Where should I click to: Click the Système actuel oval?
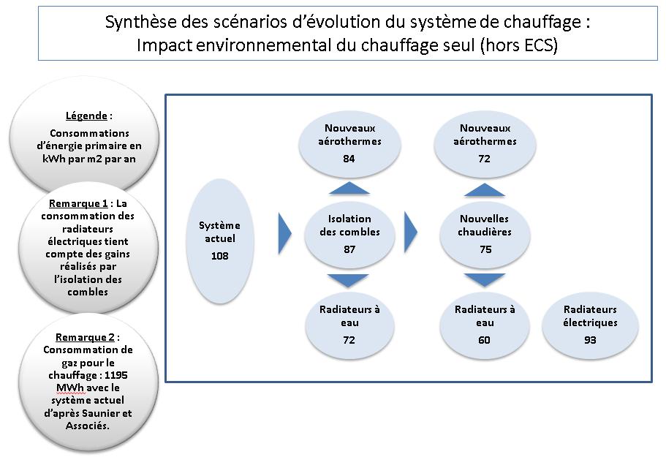(220, 241)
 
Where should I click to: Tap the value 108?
(219, 256)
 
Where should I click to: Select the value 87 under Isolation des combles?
(349, 249)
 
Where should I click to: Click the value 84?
(349, 159)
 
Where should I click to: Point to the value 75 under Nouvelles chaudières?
(485, 249)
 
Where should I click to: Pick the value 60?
(484, 340)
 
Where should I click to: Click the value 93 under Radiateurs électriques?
(589, 340)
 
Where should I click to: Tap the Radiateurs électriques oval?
(590, 325)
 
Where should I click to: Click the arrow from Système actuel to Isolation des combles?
(284, 233)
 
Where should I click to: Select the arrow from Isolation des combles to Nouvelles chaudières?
(410, 233)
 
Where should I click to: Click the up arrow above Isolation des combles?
(349, 188)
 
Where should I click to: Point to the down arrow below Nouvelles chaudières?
(485, 280)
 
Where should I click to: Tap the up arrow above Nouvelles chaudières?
(485, 190)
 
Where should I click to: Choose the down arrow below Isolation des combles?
(348, 281)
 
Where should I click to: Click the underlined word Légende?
(86, 116)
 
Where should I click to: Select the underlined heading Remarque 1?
(78, 203)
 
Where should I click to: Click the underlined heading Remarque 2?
(85, 337)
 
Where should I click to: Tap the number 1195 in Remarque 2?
(116, 375)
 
